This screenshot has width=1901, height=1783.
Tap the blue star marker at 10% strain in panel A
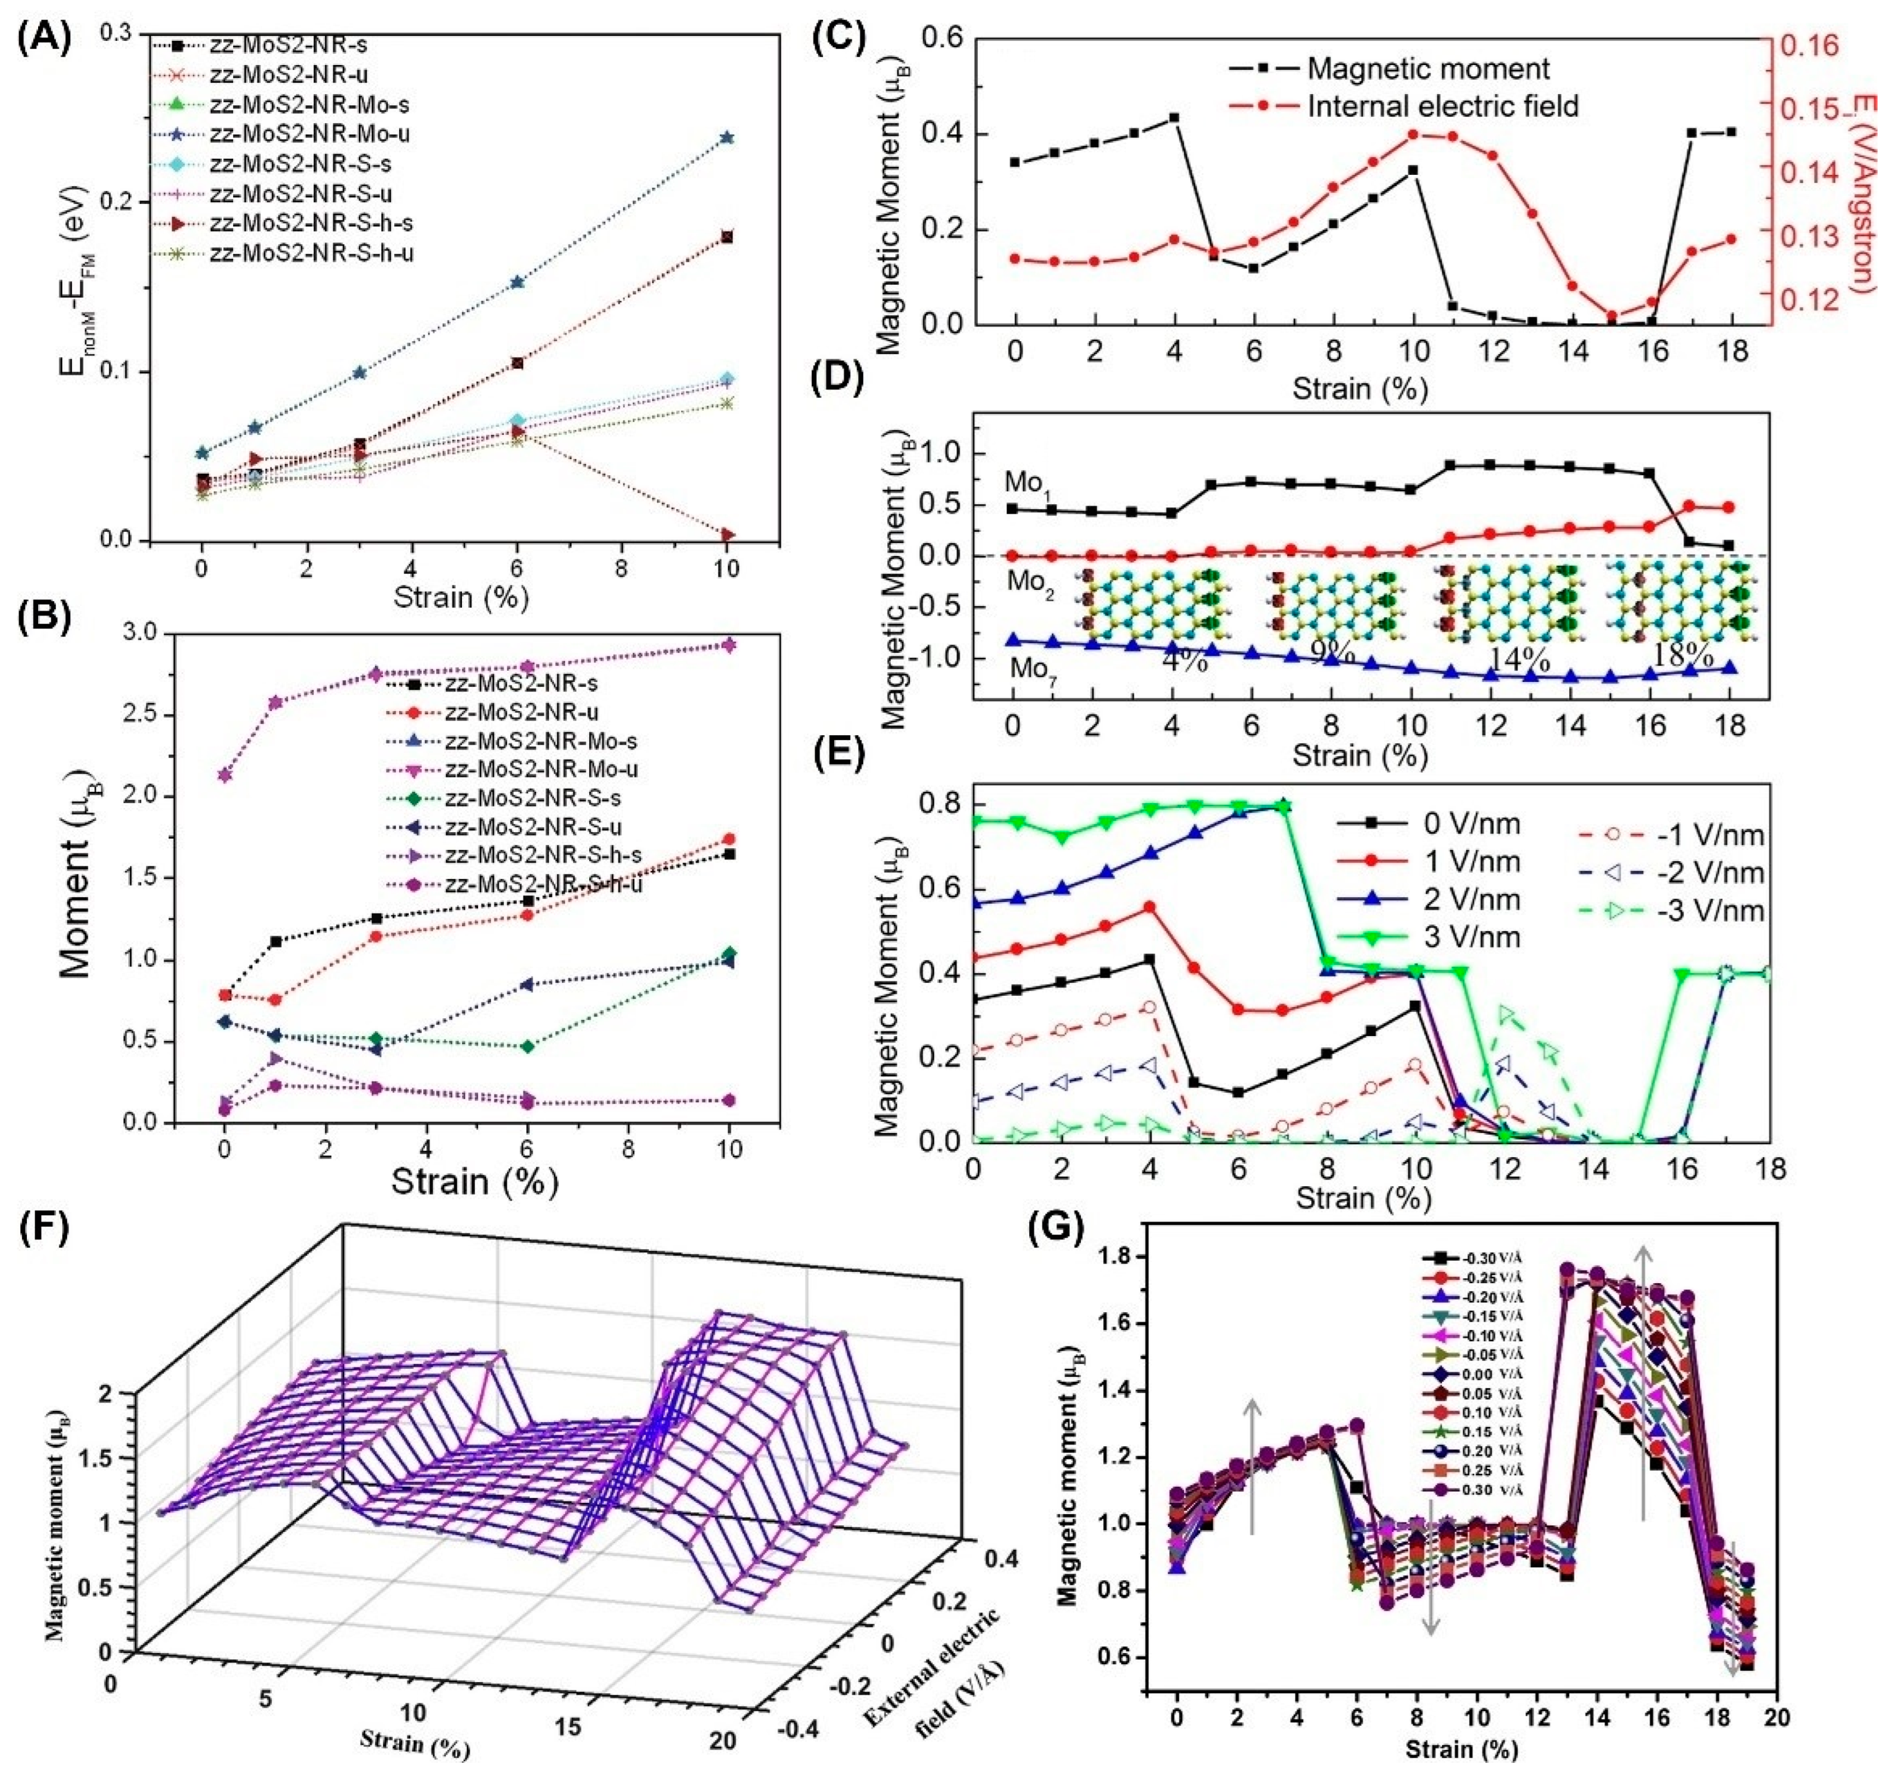tap(727, 138)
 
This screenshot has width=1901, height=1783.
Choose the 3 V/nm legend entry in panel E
tap(1473, 937)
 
